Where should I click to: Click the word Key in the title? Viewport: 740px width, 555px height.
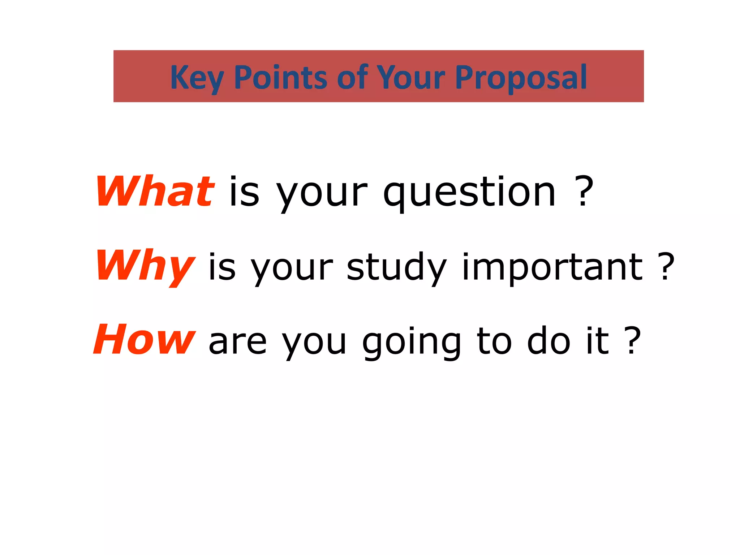pyautogui.click(x=197, y=77)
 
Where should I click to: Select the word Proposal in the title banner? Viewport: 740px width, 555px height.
pyautogui.click(x=521, y=77)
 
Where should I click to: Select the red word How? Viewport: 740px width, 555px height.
pyautogui.click(x=144, y=340)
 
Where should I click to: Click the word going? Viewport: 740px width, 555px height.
pyautogui.click(x=412, y=341)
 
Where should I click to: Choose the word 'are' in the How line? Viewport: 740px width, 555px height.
pyautogui.click(x=237, y=342)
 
